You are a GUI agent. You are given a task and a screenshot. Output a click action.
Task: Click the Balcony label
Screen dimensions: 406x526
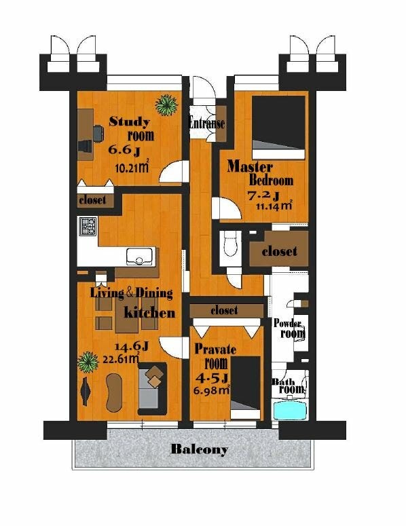click(200, 449)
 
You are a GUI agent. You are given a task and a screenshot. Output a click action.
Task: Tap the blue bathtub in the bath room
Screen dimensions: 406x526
click(290, 411)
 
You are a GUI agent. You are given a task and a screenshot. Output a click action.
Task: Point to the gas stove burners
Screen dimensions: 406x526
click(88, 226)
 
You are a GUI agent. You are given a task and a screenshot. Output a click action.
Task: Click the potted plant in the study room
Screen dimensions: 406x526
click(166, 105)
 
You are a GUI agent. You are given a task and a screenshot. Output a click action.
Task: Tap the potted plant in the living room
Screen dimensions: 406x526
click(88, 362)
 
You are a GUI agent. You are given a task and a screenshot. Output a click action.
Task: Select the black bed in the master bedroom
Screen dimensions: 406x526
click(278, 128)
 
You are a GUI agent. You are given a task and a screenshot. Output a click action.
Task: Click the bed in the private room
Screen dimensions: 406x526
click(246, 388)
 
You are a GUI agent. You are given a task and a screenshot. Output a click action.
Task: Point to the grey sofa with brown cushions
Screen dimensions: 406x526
click(152, 388)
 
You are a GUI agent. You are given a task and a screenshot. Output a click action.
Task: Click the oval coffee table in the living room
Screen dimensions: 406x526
click(114, 392)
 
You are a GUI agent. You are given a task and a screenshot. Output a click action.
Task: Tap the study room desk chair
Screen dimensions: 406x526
click(98, 133)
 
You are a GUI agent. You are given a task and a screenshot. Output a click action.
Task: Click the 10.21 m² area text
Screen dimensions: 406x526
click(132, 167)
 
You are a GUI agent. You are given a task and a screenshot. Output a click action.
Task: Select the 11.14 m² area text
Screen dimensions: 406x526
click(274, 205)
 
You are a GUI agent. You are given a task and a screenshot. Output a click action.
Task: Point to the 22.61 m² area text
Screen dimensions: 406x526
click(121, 359)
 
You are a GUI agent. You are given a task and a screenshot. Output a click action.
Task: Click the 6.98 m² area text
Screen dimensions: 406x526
click(212, 390)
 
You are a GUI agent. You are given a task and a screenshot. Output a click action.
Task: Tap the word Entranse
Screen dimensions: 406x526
click(207, 123)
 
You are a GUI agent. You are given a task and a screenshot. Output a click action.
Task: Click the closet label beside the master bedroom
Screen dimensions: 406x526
click(280, 251)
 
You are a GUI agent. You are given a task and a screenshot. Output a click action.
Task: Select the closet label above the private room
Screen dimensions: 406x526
click(224, 310)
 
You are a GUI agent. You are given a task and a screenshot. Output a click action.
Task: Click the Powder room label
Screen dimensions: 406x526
click(290, 328)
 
